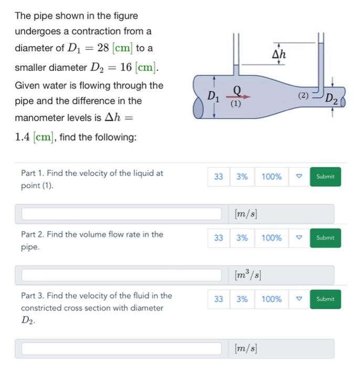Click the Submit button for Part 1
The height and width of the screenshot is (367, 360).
[325, 177]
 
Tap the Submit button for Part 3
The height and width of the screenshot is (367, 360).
[325, 299]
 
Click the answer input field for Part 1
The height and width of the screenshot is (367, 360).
[121, 214]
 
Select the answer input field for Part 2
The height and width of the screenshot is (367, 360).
[121, 275]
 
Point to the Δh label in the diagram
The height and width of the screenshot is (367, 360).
[280, 54]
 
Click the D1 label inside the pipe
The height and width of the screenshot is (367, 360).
[213, 96]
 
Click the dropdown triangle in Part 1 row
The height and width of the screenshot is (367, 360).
[299, 177]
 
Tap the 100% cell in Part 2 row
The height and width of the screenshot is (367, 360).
[271, 238]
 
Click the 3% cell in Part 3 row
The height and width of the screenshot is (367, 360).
[241, 299]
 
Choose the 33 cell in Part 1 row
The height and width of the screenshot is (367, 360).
[218, 177]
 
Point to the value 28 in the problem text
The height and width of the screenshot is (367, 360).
[103, 48]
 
